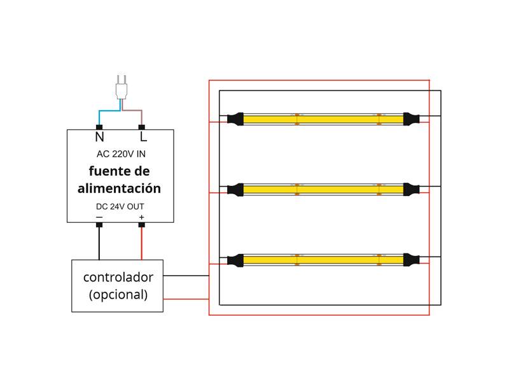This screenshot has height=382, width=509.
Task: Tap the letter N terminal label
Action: click(x=99, y=137)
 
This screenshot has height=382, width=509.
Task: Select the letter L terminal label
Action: click(x=143, y=137)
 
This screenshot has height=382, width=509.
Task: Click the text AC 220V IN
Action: click(x=120, y=154)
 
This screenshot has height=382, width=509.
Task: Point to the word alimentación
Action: click(x=120, y=189)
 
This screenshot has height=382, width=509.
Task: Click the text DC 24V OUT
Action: click(x=120, y=207)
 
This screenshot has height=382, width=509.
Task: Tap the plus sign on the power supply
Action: click(x=141, y=218)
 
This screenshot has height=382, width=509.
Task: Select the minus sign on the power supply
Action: click(x=99, y=218)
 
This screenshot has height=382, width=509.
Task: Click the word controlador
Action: click(x=118, y=278)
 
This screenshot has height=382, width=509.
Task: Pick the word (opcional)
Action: click(x=118, y=295)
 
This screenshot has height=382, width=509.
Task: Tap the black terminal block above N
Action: click(x=99, y=127)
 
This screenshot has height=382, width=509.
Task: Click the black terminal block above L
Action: click(x=142, y=127)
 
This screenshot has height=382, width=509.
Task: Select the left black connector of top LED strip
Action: click(x=235, y=118)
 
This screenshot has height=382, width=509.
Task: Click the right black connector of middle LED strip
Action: click(x=411, y=189)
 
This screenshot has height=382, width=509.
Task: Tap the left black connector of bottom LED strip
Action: click(x=235, y=260)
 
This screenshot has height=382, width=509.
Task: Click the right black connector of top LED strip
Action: click(x=411, y=118)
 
